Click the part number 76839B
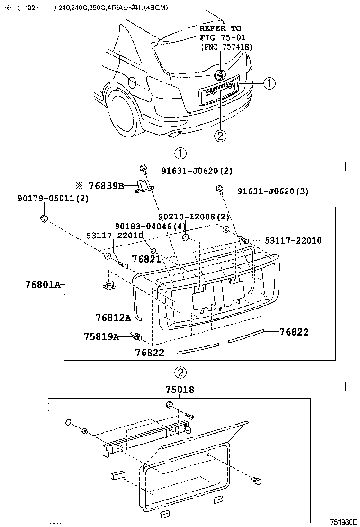(107, 186)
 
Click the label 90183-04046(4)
(150, 226)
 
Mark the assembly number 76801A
(43, 284)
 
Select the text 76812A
(113, 318)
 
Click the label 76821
(146, 259)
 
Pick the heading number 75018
(180, 390)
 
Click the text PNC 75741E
(226, 46)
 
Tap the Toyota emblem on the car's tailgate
(220, 75)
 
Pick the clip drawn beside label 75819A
(136, 336)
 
